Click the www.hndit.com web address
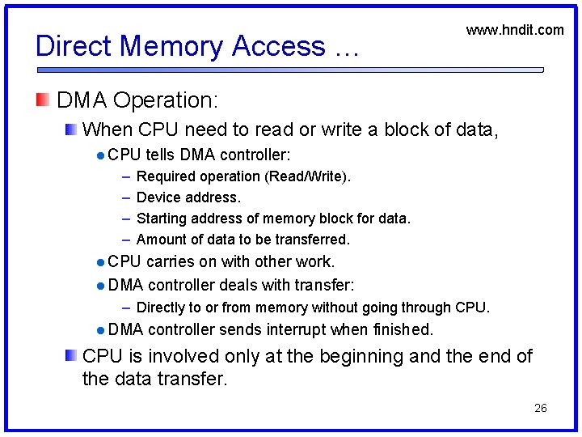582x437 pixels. (x=515, y=30)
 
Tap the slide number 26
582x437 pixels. (x=541, y=408)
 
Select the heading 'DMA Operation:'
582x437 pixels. (x=137, y=100)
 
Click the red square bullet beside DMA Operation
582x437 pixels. (x=42, y=100)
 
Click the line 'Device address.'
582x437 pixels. (x=188, y=197)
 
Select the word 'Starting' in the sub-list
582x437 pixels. (x=162, y=218)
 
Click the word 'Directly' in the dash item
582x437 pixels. (x=162, y=308)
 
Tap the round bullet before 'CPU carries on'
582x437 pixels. (x=98, y=262)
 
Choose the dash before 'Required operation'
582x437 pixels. (x=126, y=176)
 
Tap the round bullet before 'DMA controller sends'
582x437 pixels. (x=98, y=330)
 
